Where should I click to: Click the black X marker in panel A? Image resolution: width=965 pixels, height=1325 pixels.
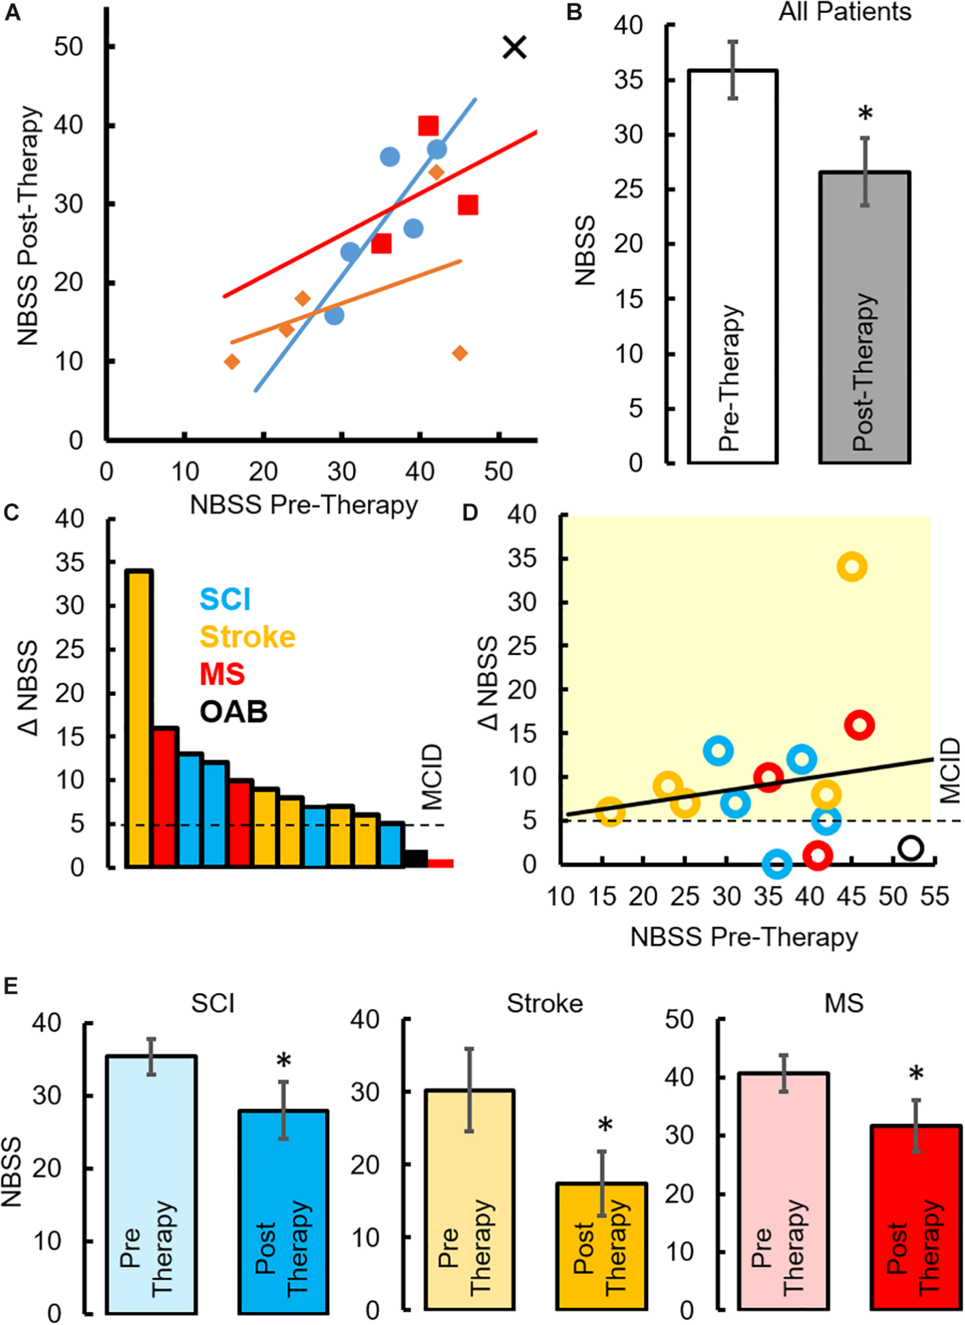(515, 47)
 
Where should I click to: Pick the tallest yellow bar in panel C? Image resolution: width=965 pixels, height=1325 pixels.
(139, 719)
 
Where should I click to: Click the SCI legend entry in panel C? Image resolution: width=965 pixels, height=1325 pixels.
(225, 599)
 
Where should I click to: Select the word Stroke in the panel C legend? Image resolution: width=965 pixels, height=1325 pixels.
(247, 637)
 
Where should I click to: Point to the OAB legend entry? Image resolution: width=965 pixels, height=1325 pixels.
(234, 712)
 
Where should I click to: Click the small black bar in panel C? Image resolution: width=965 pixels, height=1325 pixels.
(416, 859)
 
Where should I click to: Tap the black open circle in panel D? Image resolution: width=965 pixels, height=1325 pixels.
(910, 847)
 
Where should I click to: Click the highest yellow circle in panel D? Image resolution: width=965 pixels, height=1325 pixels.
(852, 566)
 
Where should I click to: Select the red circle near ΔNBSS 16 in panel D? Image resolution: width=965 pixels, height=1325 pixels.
(859, 725)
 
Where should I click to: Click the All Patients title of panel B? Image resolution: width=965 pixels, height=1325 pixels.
(845, 12)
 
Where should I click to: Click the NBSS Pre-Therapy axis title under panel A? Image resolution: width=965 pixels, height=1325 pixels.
(304, 505)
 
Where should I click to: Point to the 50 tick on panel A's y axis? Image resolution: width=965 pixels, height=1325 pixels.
(69, 47)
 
